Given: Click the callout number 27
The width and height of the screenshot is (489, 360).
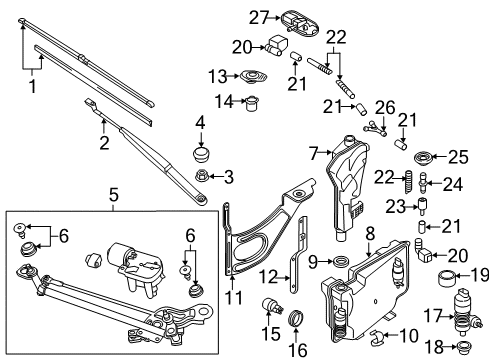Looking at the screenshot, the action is (x=259, y=18).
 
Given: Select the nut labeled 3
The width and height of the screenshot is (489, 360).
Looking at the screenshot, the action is (x=202, y=175).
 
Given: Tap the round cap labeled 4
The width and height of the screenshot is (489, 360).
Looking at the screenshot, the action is (x=200, y=155).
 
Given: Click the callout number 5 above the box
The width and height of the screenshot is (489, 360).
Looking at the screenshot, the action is (x=114, y=195).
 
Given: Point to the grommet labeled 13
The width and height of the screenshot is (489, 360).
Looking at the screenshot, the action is (x=254, y=77).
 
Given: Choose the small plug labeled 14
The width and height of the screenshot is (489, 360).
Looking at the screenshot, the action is (x=252, y=103).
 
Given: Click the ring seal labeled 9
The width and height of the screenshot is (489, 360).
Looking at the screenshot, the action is (x=340, y=262).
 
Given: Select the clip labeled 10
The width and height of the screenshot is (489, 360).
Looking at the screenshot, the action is (x=377, y=337).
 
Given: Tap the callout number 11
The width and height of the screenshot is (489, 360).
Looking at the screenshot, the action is (x=233, y=297).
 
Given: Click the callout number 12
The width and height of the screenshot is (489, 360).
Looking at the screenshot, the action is (x=269, y=276).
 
